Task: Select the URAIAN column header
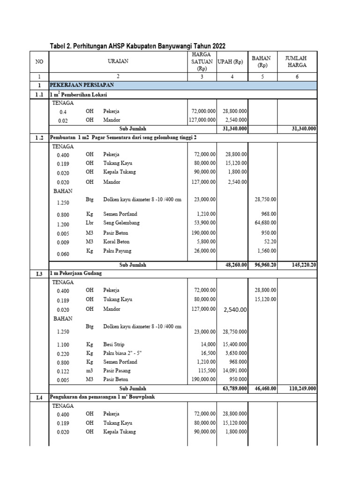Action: tap(118, 61)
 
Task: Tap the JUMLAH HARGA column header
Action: tap(297, 61)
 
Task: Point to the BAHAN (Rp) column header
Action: tap(262, 61)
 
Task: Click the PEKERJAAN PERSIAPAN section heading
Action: tap(82, 85)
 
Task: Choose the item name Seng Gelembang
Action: tap(121, 223)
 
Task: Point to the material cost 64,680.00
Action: tap(264, 224)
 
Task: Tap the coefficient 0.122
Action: tap(63, 371)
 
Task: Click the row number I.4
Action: tap(39, 397)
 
